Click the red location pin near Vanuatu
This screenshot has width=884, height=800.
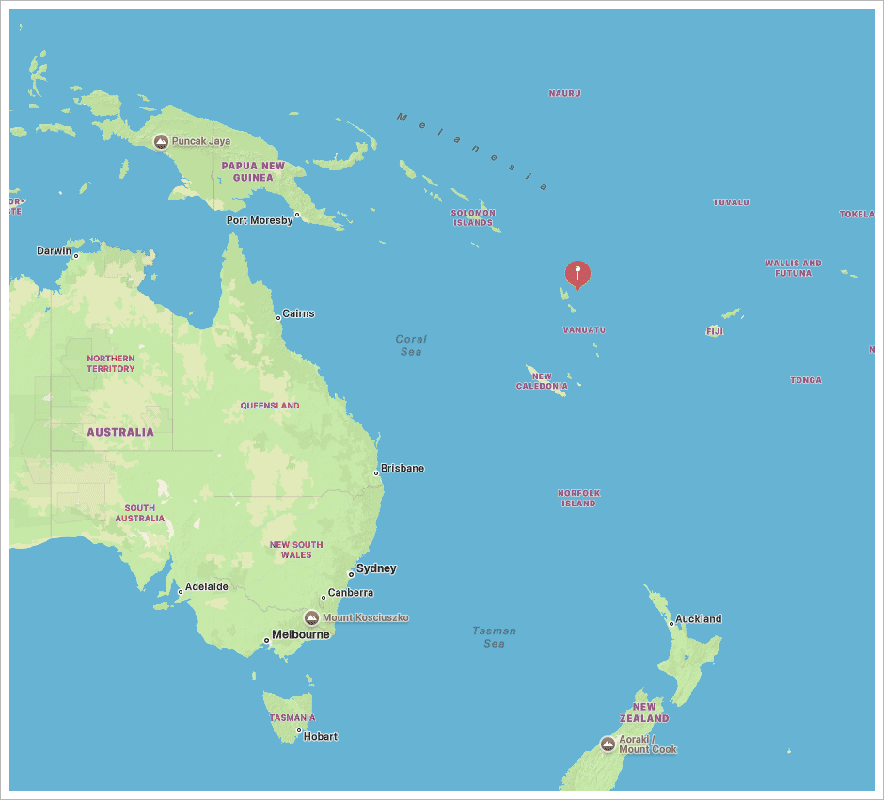(x=577, y=273)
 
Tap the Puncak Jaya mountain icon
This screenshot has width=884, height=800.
(x=161, y=141)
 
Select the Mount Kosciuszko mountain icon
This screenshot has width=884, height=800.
(x=312, y=617)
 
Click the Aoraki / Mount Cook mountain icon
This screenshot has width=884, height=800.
(x=608, y=744)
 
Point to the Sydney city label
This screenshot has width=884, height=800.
(x=376, y=568)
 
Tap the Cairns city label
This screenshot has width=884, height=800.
(x=299, y=313)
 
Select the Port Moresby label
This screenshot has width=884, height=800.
(x=260, y=220)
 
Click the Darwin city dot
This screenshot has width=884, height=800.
(x=76, y=255)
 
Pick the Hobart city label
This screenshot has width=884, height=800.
(x=321, y=736)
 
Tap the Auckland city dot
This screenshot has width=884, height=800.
(x=671, y=623)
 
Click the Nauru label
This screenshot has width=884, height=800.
(x=565, y=93)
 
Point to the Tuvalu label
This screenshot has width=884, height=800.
(x=731, y=202)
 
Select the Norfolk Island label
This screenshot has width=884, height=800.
(x=578, y=498)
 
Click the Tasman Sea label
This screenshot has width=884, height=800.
(x=495, y=637)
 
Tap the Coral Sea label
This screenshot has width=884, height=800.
(x=411, y=344)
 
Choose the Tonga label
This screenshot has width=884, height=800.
(x=806, y=380)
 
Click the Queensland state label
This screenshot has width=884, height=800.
(x=270, y=406)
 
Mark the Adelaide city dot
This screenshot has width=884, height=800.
(x=181, y=592)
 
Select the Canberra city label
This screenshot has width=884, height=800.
(x=351, y=593)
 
